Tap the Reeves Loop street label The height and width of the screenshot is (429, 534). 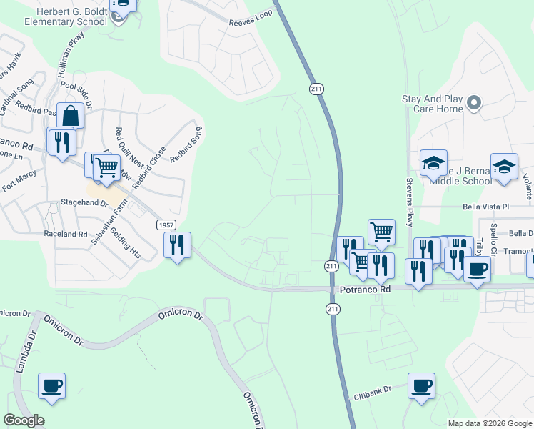(x=251, y=22)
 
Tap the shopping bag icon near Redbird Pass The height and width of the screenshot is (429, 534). (x=71, y=115)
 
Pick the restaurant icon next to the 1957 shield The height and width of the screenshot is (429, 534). (x=176, y=245)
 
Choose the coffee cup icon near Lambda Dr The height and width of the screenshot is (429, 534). (x=52, y=386)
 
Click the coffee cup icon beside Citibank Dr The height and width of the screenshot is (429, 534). (x=421, y=386)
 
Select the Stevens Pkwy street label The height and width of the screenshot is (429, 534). (x=410, y=202)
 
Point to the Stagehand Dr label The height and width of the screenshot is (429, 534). (x=84, y=204)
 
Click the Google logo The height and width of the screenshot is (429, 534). (x=24, y=420)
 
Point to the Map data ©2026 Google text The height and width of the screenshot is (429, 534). (x=489, y=423)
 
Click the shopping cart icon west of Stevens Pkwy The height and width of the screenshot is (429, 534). (x=381, y=231)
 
